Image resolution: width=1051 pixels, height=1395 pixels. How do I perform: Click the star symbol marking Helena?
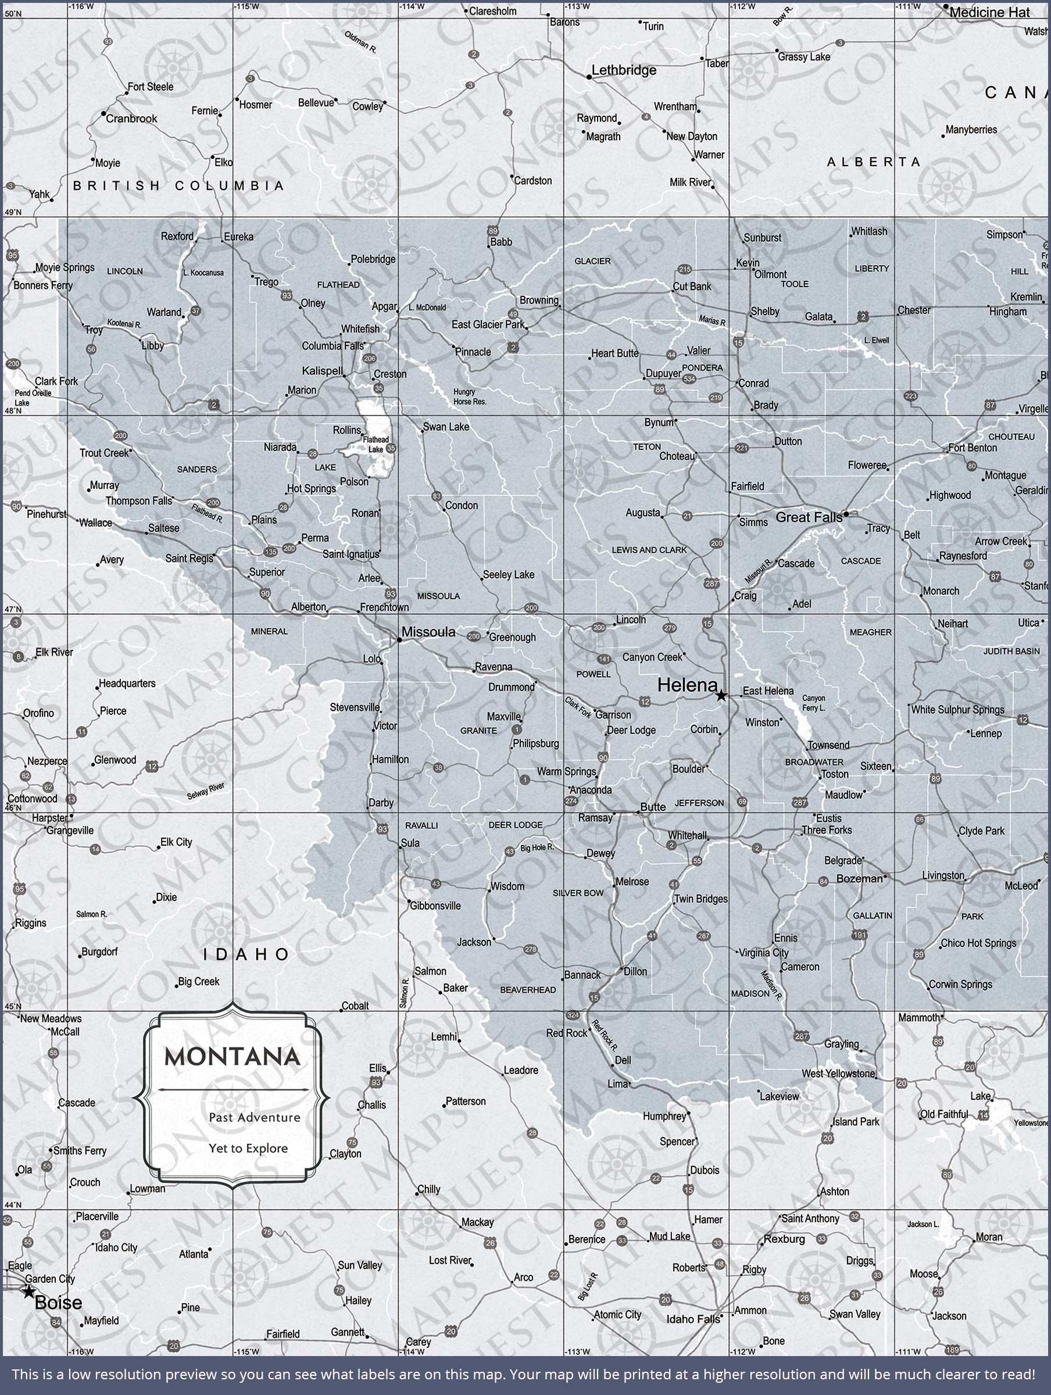tap(721, 696)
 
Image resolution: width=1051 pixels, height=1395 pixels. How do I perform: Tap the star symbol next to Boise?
tap(28, 1292)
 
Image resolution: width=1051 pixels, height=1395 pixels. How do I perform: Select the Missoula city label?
tap(428, 632)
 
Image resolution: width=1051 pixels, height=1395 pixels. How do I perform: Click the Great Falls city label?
tap(809, 518)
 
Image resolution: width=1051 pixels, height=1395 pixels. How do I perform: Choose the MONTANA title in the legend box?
tap(232, 1057)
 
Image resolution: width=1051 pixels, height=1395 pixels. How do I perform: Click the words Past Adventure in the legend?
tap(254, 1118)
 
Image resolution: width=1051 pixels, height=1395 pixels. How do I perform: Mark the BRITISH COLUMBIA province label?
tap(178, 186)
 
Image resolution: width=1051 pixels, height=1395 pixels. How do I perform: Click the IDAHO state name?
tap(246, 955)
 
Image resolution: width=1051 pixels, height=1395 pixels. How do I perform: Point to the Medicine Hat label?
tap(989, 13)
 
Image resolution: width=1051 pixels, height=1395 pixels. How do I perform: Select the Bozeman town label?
tap(859, 878)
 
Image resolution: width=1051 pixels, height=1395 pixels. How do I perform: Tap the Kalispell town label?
tap(323, 371)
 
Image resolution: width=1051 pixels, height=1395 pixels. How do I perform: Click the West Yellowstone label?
tap(838, 1074)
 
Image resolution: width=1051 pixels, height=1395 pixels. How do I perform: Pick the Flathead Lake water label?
tap(376, 445)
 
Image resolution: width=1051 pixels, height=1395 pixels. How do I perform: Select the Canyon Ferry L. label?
tap(813, 703)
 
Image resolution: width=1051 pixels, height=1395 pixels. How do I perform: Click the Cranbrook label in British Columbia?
tap(131, 119)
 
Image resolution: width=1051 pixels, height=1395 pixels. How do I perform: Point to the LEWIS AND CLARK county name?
tap(649, 550)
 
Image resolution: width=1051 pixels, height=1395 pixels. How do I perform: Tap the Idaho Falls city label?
tap(693, 1319)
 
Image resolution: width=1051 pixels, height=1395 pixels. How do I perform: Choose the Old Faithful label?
tap(944, 1114)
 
